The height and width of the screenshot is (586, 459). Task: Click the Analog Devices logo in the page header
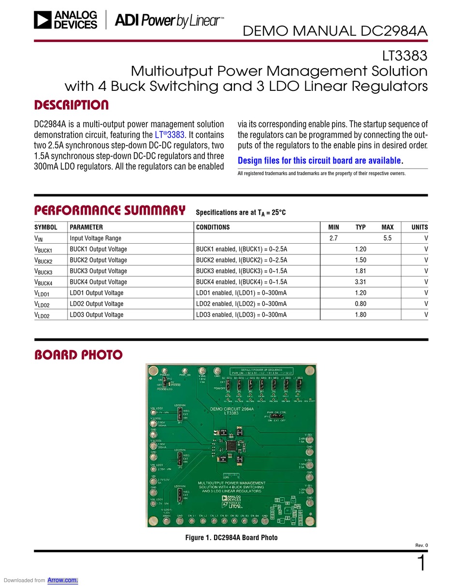coord(66,20)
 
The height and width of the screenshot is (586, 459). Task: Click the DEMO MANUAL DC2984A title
coord(335,31)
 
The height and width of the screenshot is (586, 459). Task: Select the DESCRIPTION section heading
coord(71,105)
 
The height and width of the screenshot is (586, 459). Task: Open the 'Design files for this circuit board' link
coord(319,161)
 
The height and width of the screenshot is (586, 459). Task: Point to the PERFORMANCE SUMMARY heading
coord(110,211)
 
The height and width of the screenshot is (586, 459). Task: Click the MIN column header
coord(333,227)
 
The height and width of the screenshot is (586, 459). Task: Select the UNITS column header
coord(419,227)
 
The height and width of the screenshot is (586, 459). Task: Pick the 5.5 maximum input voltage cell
coord(387,238)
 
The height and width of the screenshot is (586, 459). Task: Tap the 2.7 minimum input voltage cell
coord(333,238)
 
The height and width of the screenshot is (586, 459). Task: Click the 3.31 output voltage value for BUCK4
coord(360,282)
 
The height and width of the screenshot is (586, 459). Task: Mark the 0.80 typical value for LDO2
coord(360,304)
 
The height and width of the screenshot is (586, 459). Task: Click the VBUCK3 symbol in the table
coord(43,271)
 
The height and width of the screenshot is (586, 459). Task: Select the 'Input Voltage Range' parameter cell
coord(96,238)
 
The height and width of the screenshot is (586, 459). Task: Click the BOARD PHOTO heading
coord(78,355)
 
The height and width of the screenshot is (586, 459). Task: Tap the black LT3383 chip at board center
coord(231,445)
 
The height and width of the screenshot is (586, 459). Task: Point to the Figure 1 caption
coord(231,538)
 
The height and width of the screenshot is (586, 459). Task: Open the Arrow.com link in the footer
coord(63,580)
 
